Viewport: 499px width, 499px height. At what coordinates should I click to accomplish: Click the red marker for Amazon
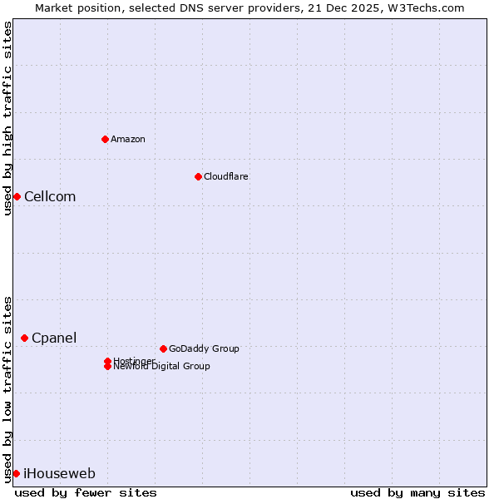click(105, 139)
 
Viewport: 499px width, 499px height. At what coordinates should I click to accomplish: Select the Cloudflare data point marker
click(198, 176)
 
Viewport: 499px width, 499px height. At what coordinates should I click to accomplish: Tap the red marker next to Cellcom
click(17, 196)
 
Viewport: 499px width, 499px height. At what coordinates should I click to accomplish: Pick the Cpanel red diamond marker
click(24, 338)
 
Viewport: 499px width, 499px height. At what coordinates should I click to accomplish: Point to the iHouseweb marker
click(16, 473)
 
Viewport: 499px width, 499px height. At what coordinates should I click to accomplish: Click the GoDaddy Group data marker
click(163, 348)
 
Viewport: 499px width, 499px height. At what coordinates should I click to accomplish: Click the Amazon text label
click(128, 139)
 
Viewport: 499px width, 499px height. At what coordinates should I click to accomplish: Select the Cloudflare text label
click(226, 176)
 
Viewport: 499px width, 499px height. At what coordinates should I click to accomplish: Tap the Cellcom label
click(50, 196)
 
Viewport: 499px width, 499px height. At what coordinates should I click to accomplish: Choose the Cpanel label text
click(54, 338)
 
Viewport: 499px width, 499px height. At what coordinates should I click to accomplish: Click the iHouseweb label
click(59, 473)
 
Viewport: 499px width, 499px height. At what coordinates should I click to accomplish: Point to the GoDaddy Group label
click(204, 348)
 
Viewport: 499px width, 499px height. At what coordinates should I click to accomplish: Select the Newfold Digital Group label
click(161, 367)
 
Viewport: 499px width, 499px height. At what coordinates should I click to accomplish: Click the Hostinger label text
click(134, 360)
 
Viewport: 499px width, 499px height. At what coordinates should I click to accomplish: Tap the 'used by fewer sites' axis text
click(86, 492)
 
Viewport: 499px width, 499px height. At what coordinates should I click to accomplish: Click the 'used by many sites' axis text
click(417, 492)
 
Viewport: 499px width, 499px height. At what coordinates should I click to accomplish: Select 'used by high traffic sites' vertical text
click(8, 119)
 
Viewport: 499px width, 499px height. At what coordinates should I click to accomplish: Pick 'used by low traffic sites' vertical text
click(8, 389)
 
